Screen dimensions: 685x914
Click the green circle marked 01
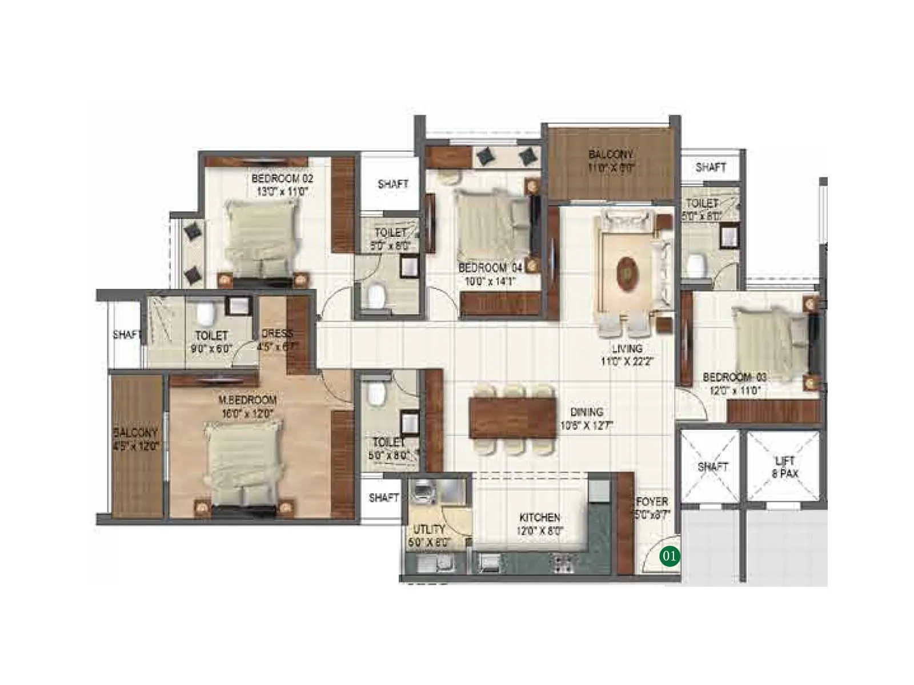click(x=670, y=555)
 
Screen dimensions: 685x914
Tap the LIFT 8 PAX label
click(x=785, y=467)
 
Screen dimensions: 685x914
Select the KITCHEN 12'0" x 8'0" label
click(x=540, y=524)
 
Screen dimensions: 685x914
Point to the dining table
click(x=512, y=418)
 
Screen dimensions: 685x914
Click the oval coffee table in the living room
click(x=627, y=272)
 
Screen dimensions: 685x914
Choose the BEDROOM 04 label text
click(x=490, y=274)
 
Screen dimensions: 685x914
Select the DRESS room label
click(x=277, y=340)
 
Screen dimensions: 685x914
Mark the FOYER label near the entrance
click(x=652, y=507)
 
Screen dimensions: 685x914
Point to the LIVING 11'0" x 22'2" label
click(x=627, y=354)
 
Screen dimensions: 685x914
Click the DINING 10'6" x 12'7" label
click(x=587, y=418)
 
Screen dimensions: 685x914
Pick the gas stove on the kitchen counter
click(x=560, y=563)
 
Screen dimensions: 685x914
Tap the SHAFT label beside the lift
click(x=712, y=466)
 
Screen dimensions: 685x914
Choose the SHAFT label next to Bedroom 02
click(x=392, y=184)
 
